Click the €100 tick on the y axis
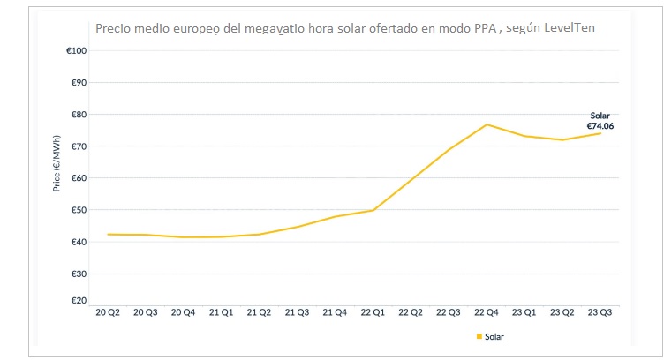click(76, 51)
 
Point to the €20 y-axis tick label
click(78, 301)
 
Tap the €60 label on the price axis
click(78, 178)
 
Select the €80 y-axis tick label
click(78, 115)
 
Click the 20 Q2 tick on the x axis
click(109, 312)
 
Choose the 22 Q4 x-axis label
click(487, 312)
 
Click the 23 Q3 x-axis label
click(600, 312)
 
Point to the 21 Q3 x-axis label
click(298, 312)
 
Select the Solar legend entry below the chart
click(494, 336)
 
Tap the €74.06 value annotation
click(600, 126)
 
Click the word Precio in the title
click(114, 27)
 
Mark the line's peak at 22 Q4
click(487, 124)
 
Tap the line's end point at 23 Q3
click(600, 133)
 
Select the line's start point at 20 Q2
click(109, 234)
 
